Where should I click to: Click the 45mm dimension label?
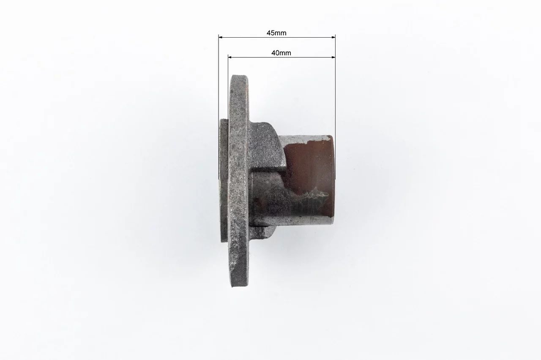(x=276, y=33)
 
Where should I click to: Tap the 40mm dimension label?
(x=281, y=53)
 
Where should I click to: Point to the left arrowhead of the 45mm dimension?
(x=220, y=38)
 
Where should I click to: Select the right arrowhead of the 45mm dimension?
(x=333, y=38)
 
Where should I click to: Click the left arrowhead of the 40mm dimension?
(x=230, y=57)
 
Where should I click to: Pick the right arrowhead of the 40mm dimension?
(x=333, y=57)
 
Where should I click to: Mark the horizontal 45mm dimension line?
(x=277, y=38)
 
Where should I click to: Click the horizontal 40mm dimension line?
(x=281, y=57)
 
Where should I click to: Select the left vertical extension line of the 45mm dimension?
(x=219, y=107)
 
